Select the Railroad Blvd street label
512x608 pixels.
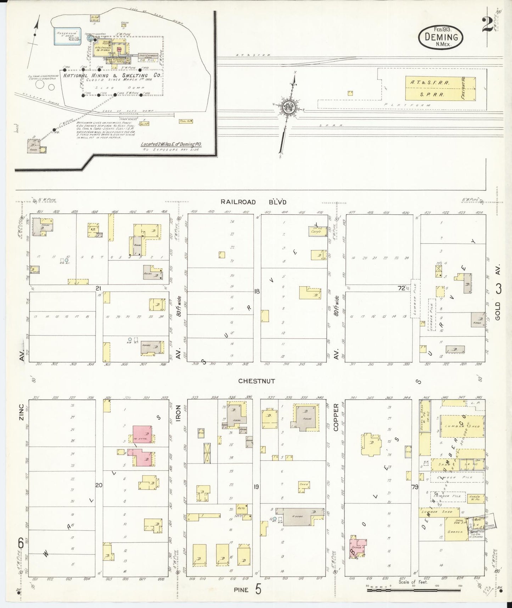(x=253, y=202)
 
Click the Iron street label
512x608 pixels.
(x=178, y=413)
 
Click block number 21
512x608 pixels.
(x=99, y=288)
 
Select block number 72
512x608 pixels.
(x=401, y=288)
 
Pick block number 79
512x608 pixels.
(x=415, y=487)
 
